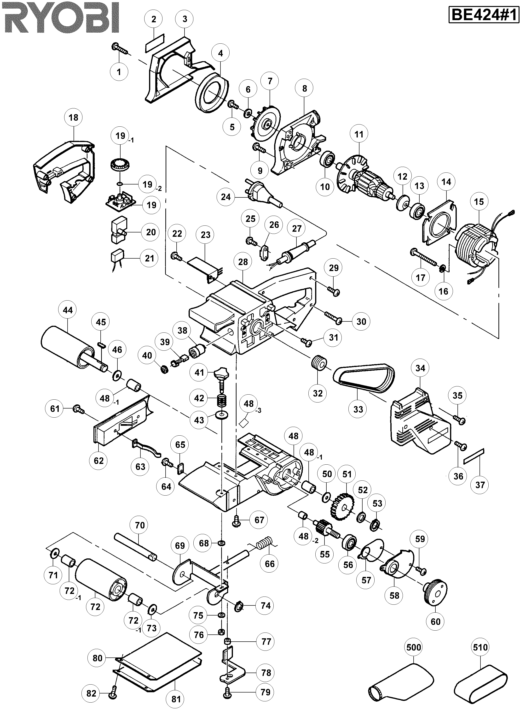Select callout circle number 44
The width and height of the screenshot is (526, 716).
(68, 310)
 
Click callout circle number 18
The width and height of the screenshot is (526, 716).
(73, 118)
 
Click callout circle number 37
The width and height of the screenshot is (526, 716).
(480, 485)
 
